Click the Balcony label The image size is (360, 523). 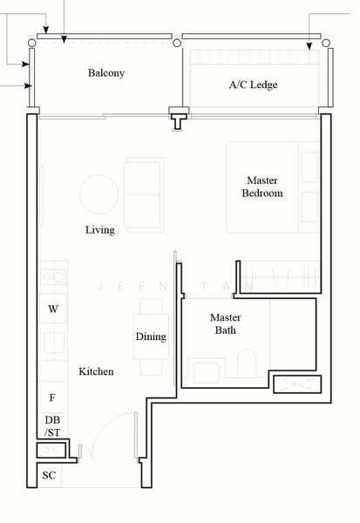(x=106, y=73)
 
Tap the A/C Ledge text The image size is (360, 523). (x=253, y=85)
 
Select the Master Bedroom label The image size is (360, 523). (x=262, y=187)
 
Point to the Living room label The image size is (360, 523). (x=100, y=230)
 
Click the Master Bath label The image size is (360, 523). (x=225, y=323)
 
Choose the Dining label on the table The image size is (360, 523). (x=151, y=336)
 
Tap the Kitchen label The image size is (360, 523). (x=96, y=371)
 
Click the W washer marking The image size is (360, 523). (x=52, y=309)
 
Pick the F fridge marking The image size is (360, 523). (x=52, y=397)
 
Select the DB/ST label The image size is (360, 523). (x=52, y=426)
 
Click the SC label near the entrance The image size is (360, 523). (x=49, y=475)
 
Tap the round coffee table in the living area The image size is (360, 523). (x=99, y=194)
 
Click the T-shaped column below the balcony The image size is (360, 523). (x=179, y=119)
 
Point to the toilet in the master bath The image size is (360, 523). (x=247, y=363)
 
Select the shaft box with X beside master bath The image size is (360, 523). (x=297, y=384)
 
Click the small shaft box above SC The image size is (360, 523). (x=51, y=451)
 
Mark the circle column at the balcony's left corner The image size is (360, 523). (x=31, y=43)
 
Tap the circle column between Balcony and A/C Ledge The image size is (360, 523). (x=177, y=43)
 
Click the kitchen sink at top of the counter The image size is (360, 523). (x=53, y=277)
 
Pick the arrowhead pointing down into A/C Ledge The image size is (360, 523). (x=309, y=46)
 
